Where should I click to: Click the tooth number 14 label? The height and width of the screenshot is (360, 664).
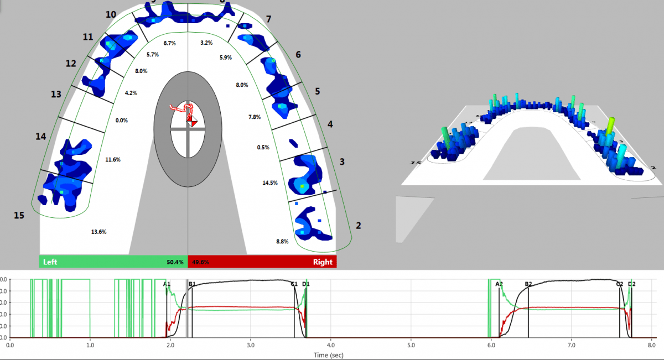point(41,137)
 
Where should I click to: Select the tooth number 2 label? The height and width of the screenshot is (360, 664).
point(359,226)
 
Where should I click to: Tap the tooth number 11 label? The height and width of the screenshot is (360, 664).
point(88,37)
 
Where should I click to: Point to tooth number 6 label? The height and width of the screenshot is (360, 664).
point(298,55)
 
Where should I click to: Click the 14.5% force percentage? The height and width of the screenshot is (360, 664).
point(270,182)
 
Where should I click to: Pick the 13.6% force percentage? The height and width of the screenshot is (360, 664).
point(99,231)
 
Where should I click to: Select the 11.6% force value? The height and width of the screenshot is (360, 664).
point(113,160)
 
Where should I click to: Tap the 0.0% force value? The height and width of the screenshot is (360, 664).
point(121,120)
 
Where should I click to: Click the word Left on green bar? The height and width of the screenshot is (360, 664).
point(50,262)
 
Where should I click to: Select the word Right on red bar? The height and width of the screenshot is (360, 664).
point(323,262)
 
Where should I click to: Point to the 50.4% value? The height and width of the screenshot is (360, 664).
point(175,262)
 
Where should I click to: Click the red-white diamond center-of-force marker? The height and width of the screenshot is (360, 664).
point(191,119)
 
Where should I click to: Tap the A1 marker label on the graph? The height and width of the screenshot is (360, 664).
point(167,284)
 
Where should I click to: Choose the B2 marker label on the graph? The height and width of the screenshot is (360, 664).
point(528,284)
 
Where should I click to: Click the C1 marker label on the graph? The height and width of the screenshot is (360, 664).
point(294,284)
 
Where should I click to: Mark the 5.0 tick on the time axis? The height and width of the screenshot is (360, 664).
point(411,344)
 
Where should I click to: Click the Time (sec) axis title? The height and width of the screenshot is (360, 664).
point(330,354)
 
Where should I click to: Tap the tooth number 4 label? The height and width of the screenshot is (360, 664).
point(330,124)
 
